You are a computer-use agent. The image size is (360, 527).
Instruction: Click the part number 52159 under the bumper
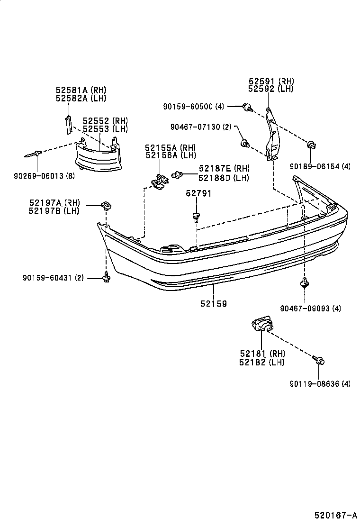(x=213, y=304)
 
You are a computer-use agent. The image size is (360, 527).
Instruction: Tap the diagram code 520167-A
(x=335, y=515)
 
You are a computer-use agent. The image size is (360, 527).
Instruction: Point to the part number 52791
(x=198, y=193)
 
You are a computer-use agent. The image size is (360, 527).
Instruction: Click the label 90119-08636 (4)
(x=320, y=384)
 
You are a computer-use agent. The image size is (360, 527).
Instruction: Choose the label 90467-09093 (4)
(x=310, y=309)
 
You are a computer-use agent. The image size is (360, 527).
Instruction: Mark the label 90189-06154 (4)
(x=320, y=166)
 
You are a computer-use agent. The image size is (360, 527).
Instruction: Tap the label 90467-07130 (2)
(x=201, y=127)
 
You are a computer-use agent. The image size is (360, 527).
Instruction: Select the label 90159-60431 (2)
(x=53, y=278)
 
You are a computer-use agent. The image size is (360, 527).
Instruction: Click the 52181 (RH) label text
(x=262, y=354)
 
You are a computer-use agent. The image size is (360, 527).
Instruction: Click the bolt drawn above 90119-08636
(x=319, y=361)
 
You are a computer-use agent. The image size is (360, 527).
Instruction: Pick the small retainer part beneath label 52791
(x=196, y=217)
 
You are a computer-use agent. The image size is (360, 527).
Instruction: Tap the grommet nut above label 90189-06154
(x=312, y=145)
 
